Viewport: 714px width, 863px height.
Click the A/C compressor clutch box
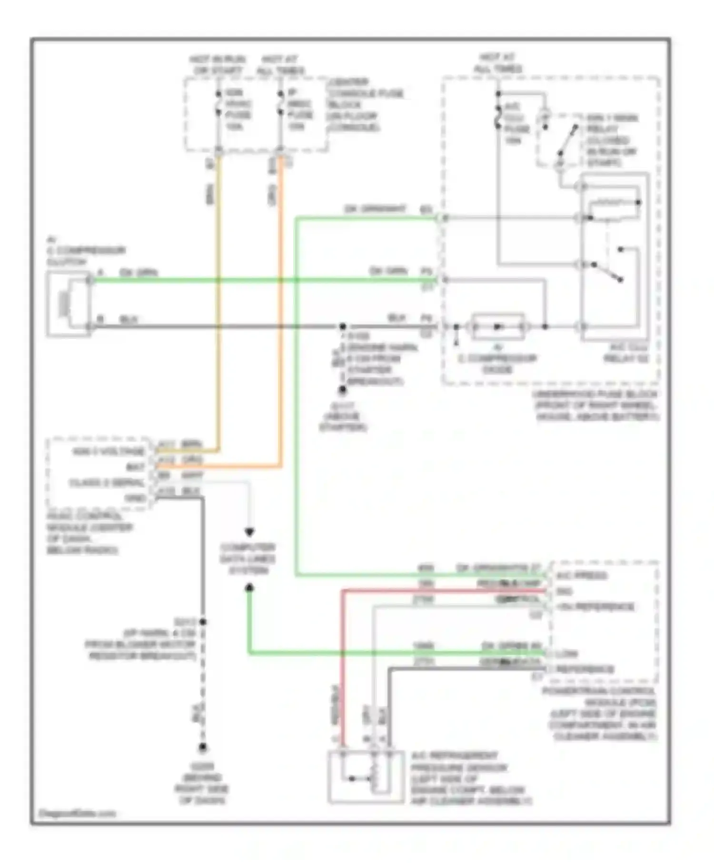tap(68, 304)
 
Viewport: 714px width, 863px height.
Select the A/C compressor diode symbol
tap(497, 327)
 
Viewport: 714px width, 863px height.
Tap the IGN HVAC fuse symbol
tap(218, 103)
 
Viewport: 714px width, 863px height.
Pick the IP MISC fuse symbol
tap(280, 103)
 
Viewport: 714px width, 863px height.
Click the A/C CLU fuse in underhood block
tap(498, 117)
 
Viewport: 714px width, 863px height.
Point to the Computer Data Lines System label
tap(248, 559)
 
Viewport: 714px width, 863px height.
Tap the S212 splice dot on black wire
tap(203, 622)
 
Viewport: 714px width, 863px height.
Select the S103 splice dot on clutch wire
tap(342, 327)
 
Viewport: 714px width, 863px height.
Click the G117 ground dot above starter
tap(342, 390)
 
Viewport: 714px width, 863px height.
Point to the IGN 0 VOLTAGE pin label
tap(109, 451)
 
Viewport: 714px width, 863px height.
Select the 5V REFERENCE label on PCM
tap(595, 607)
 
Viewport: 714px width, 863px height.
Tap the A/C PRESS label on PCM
tap(581, 576)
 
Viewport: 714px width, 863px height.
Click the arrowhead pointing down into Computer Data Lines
tap(249, 532)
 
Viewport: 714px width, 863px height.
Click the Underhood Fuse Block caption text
tap(595, 405)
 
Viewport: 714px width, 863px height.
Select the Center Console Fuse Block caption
tap(365, 105)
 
